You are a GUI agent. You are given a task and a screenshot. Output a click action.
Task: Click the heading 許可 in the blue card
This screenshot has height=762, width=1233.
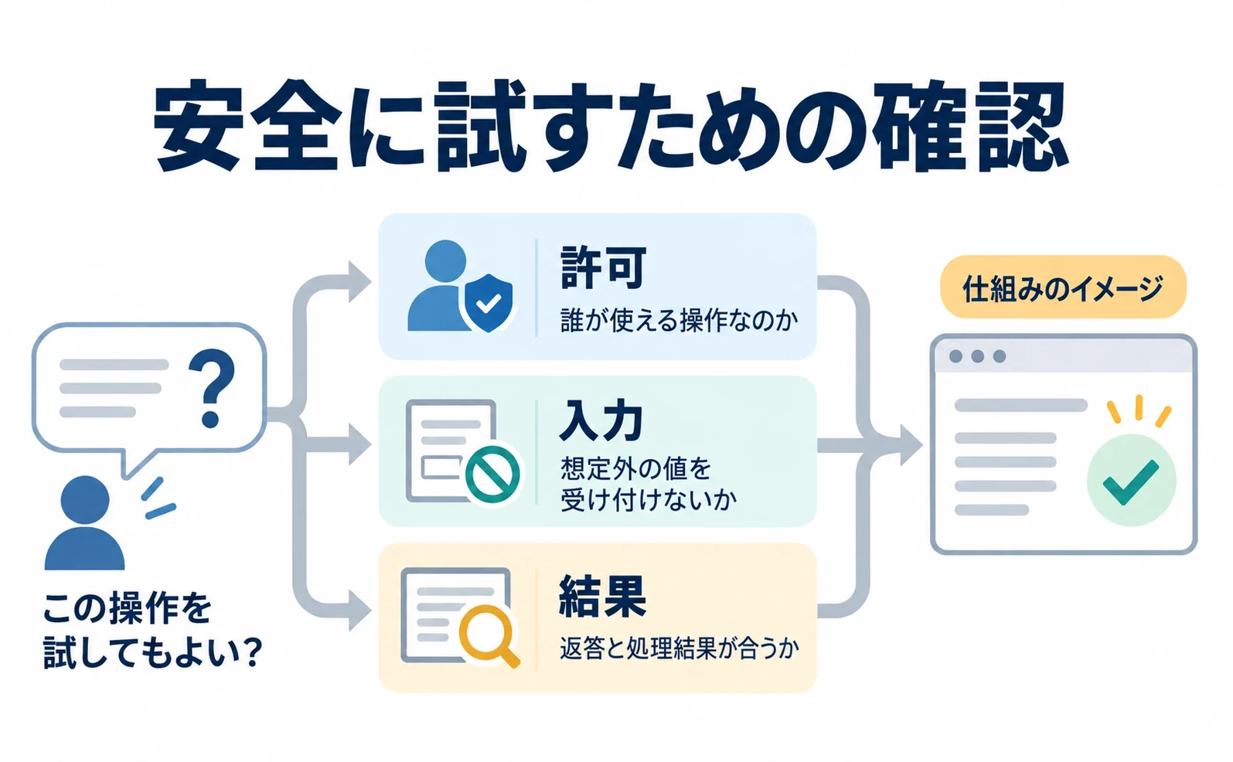(x=603, y=268)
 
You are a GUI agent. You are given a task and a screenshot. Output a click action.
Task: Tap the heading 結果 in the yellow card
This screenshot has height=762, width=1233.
(x=603, y=597)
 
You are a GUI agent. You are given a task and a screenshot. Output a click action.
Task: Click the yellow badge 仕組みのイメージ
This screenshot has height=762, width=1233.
(x=1063, y=287)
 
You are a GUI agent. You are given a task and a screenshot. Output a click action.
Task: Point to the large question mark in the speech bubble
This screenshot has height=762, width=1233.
(x=212, y=388)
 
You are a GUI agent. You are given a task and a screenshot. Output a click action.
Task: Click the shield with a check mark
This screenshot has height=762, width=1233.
(x=489, y=302)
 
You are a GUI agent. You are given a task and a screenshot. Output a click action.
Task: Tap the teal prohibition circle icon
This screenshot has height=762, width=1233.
(x=492, y=475)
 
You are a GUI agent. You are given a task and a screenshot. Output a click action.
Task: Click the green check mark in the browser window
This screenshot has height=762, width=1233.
(x=1131, y=482)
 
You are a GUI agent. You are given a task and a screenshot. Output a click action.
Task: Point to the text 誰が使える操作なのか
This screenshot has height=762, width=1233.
(x=679, y=320)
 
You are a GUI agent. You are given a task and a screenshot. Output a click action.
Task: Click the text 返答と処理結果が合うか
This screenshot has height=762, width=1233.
(x=679, y=648)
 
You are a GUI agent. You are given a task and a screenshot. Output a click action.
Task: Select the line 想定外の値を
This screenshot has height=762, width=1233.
(x=635, y=469)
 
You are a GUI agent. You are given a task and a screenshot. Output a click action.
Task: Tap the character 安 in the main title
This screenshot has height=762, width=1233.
(x=197, y=128)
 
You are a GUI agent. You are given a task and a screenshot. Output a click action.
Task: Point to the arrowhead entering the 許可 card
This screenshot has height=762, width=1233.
(x=359, y=282)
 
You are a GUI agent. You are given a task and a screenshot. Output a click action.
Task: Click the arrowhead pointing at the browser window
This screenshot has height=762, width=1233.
(x=911, y=445)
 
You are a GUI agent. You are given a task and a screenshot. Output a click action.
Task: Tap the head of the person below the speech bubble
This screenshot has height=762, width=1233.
(x=85, y=499)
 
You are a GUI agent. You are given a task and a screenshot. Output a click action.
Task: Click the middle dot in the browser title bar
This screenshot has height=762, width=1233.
(x=978, y=356)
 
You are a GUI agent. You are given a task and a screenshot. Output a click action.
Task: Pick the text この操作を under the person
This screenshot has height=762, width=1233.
(x=128, y=608)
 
